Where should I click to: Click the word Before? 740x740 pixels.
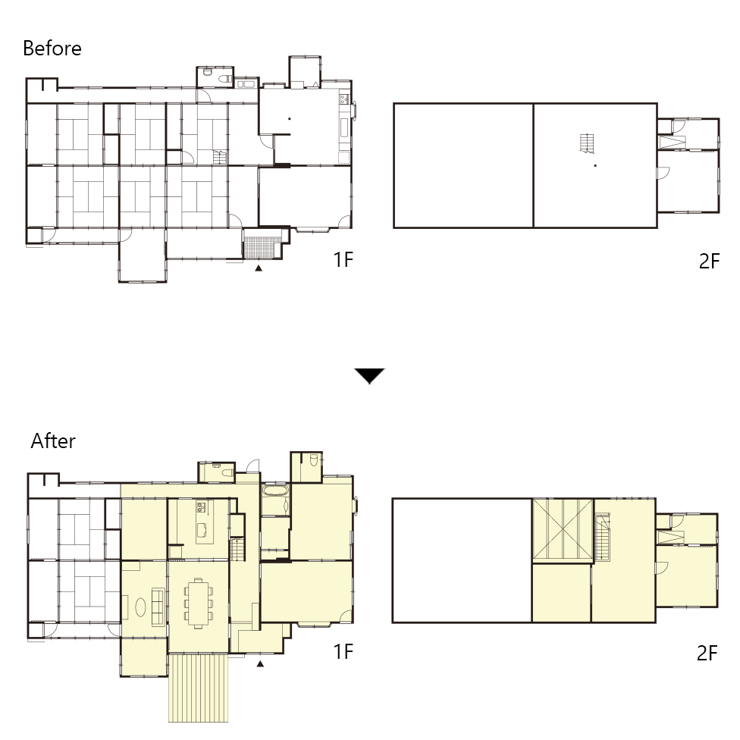[52, 48]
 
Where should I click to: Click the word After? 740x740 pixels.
[53, 441]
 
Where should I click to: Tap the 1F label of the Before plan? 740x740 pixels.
[343, 259]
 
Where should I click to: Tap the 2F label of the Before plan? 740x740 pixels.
[710, 261]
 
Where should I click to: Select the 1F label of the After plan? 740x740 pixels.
[343, 652]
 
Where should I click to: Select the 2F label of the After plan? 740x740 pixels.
[707, 653]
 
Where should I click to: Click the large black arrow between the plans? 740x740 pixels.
[369, 376]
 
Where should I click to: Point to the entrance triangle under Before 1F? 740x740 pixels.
[258, 268]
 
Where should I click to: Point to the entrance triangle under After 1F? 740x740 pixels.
[259, 664]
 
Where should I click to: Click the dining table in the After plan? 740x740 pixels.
[198, 603]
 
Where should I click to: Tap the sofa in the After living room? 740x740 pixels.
[158, 607]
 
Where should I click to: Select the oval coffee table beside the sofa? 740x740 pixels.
[140, 607]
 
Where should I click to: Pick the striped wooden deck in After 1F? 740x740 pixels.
[198, 688]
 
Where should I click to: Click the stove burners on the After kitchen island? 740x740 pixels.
[201, 508]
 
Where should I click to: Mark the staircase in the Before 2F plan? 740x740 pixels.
[587, 143]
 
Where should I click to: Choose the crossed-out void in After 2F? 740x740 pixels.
[563, 529]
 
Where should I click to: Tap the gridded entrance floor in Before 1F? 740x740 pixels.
[259, 247]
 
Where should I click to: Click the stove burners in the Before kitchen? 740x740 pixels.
[344, 99]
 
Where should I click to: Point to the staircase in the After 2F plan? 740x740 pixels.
[603, 538]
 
